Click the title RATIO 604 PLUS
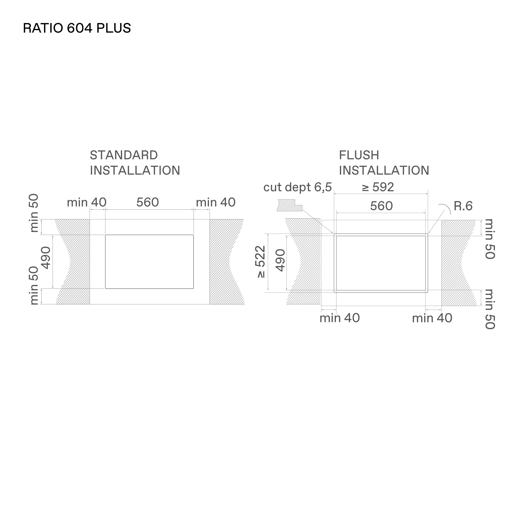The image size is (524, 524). pyautogui.click(x=77, y=28)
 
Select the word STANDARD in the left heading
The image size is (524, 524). pyautogui.click(x=124, y=155)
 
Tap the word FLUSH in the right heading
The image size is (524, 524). pyautogui.click(x=359, y=155)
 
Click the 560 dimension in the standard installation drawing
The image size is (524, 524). pyautogui.click(x=148, y=202)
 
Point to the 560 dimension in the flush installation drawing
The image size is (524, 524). pyautogui.click(x=381, y=206)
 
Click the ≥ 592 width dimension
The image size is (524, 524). pyautogui.click(x=378, y=187)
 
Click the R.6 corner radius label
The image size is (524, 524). pyautogui.click(x=463, y=206)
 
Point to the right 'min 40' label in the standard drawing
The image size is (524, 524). pyautogui.click(x=216, y=202)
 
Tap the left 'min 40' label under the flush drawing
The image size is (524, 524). pyautogui.click(x=340, y=318)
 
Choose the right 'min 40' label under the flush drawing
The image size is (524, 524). pyautogui.click(x=432, y=318)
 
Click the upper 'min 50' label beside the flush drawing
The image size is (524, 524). pyautogui.click(x=490, y=239)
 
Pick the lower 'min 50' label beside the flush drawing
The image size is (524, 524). pyautogui.click(x=490, y=309)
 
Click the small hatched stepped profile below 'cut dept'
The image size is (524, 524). pyautogui.click(x=289, y=205)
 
